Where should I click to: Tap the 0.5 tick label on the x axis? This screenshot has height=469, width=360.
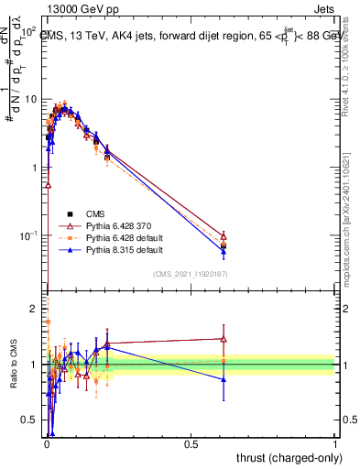[x=191, y=443]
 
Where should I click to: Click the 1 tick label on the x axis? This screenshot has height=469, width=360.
[x=335, y=443]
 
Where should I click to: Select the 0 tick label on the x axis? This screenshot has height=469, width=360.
[x=47, y=443]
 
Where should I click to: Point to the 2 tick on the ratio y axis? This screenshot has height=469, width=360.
[x=33, y=310]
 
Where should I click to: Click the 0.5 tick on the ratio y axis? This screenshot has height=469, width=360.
[x=28, y=420]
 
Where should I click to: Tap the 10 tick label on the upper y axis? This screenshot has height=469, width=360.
[x=28, y=99]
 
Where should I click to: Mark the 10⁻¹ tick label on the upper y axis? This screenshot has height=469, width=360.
[x=27, y=236]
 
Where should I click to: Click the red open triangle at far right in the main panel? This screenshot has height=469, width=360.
[x=224, y=236]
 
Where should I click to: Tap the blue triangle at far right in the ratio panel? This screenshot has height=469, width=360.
[x=224, y=379]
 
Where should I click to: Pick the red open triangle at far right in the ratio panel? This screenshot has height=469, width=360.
[x=224, y=338]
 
